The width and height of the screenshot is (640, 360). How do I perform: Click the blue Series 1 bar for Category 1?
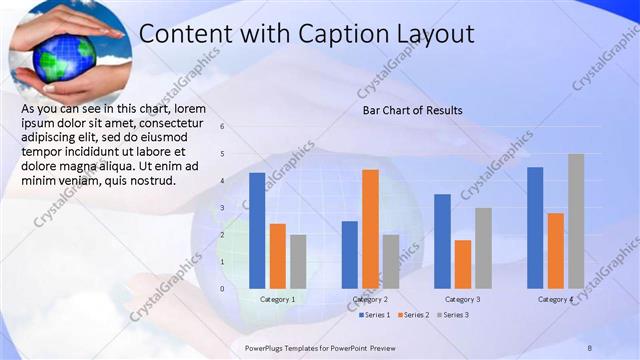point(257,230)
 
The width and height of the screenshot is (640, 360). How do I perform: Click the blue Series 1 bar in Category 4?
point(535,227)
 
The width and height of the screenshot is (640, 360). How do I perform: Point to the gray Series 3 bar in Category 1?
point(298,261)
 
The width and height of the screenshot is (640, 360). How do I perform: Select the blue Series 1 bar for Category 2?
point(350,254)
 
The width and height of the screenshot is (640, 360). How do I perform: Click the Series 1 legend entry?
point(375,315)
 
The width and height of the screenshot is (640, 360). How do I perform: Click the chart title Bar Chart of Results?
point(412,109)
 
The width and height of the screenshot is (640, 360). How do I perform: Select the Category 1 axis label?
point(277,299)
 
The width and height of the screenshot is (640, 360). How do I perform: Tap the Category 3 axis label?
point(463,299)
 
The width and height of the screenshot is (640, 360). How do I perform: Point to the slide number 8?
point(589,346)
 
